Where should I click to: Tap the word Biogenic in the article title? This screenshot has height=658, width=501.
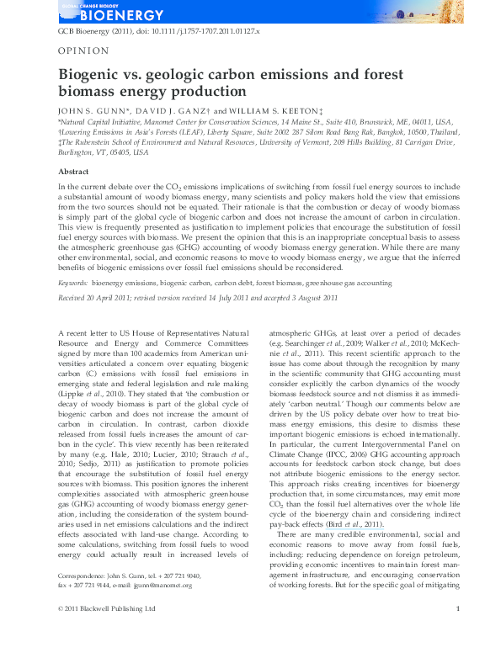coord(88,75)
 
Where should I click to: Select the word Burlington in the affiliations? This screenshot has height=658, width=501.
coord(78,152)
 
